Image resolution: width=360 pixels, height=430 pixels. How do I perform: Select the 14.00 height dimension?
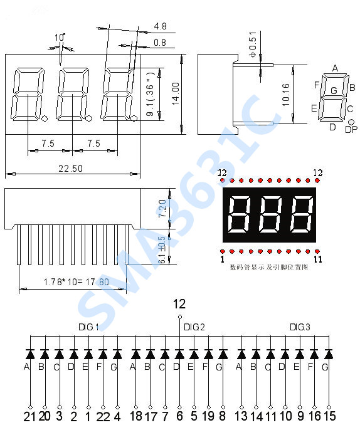click(176, 92)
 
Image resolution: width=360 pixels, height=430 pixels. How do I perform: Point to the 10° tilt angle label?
click(60, 38)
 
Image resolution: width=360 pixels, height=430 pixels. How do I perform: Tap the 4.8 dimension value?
click(160, 26)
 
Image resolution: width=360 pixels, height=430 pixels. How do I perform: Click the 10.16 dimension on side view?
click(285, 94)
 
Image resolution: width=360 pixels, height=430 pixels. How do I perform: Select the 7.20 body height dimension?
click(162, 208)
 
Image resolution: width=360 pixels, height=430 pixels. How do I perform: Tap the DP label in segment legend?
click(351, 129)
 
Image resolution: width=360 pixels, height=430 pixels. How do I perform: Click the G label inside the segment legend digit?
click(334, 91)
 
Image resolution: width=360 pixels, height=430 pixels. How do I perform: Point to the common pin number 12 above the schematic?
click(179, 304)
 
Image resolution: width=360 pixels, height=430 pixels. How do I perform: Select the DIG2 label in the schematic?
click(194, 327)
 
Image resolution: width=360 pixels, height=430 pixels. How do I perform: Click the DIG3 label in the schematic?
click(300, 327)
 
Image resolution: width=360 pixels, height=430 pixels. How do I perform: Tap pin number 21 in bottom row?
click(29, 416)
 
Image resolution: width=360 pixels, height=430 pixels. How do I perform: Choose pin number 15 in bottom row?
click(329, 416)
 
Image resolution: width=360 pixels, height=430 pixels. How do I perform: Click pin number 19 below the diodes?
click(208, 416)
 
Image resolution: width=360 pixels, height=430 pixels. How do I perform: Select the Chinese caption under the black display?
click(270, 266)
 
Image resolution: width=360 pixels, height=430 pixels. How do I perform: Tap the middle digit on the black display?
click(269, 213)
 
